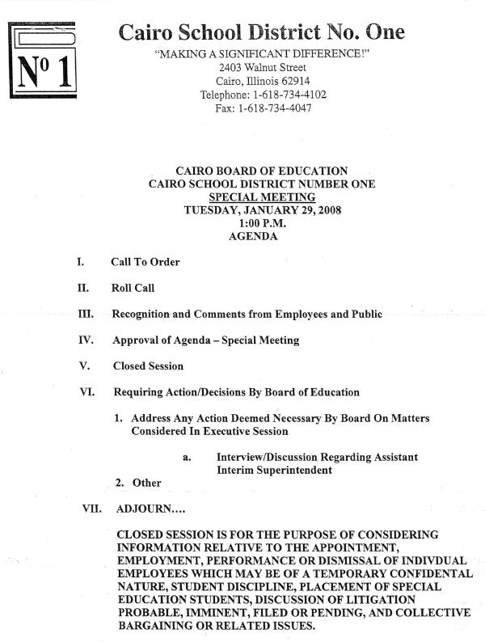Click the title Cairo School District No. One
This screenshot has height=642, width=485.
point(261,32)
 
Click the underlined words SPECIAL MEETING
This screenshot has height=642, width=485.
point(261,196)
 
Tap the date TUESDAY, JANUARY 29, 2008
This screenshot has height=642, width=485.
point(262,210)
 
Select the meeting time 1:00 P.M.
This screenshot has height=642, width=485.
point(260,223)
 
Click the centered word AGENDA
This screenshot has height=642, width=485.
point(253,237)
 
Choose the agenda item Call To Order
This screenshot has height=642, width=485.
point(145,262)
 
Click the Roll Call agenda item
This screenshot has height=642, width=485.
point(133,288)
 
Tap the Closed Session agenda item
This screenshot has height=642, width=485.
point(148,365)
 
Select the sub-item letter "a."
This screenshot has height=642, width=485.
point(186,458)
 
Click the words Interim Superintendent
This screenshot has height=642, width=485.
point(274,471)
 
